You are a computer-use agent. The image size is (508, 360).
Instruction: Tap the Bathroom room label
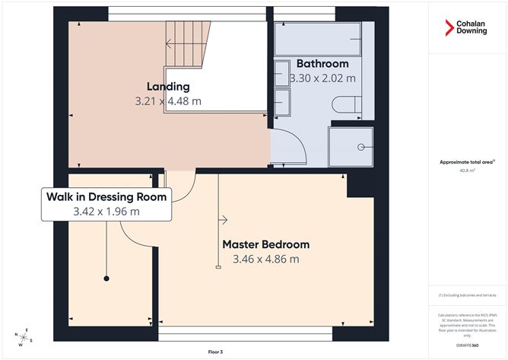coord(322,63)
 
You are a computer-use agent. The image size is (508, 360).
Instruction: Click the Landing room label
coord(168,86)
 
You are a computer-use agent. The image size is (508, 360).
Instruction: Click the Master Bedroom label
coord(265,244)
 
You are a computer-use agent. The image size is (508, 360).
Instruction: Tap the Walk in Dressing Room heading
coord(106,196)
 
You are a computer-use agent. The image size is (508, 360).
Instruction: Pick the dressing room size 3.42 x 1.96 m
coord(106,211)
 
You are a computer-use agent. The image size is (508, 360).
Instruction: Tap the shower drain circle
coord(363,145)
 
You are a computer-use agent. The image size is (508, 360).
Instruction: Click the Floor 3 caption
coord(216,352)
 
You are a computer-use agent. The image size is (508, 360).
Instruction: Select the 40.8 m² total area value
coord(467,170)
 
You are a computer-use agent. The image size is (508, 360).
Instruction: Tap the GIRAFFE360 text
coord(467,345)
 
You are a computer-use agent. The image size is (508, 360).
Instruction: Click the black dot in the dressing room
coord(106,279)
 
